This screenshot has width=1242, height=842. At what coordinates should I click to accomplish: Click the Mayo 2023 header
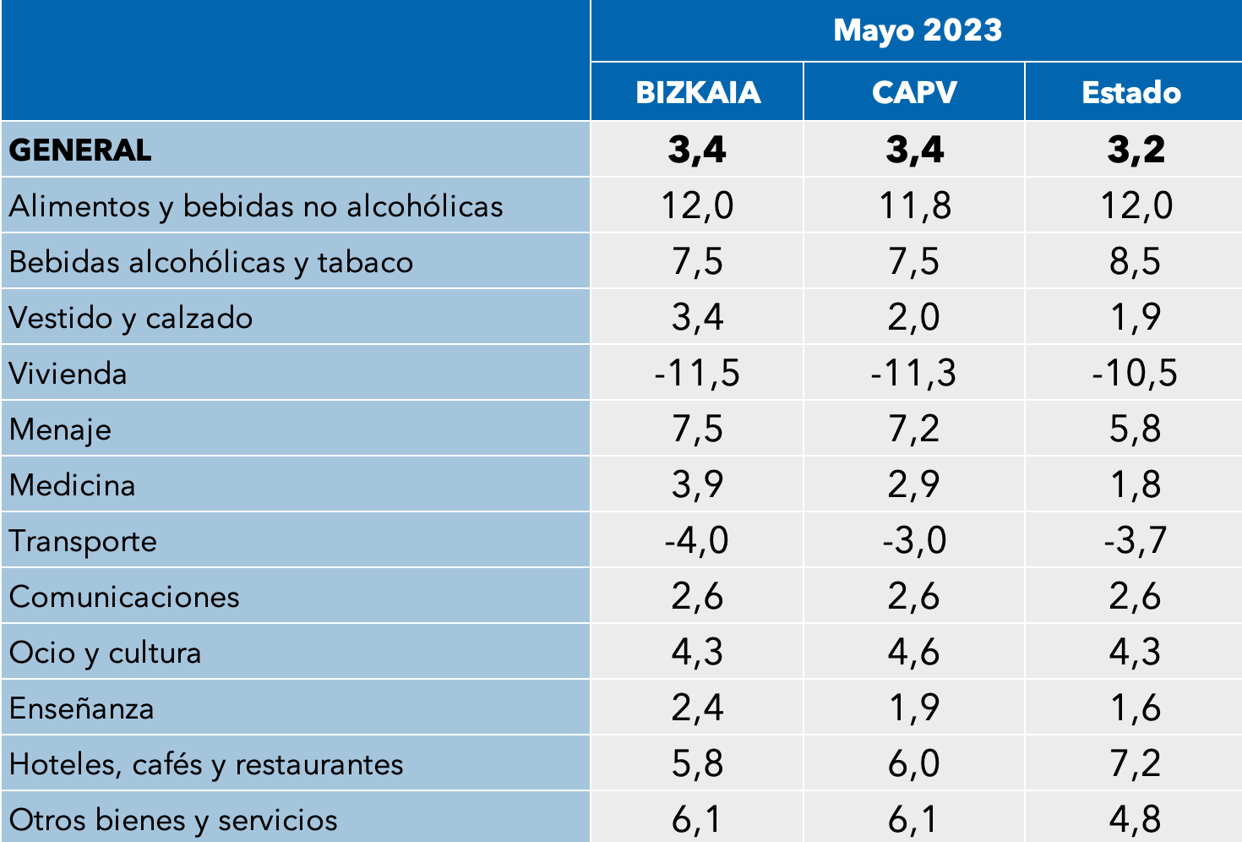(917, 30)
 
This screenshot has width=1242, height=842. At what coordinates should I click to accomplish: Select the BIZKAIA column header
(698, 92)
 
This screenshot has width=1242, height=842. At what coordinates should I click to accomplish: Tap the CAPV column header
(914, 92)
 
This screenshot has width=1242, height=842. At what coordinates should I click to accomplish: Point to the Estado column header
(1131, 92)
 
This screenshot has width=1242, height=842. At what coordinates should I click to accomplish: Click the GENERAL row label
(80, 150)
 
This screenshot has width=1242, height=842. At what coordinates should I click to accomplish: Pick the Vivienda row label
(68, 374)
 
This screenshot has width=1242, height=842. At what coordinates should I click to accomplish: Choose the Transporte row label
(83, 541)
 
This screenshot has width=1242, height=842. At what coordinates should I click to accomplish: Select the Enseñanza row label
(81, 708)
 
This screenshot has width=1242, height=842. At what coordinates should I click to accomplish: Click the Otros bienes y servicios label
(173, 820)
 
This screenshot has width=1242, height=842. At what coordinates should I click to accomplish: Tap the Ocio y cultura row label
(105, 653)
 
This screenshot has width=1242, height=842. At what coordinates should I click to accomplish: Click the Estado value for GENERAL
(1136, 150)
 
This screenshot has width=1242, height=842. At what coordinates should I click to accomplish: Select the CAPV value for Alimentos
(914, 206)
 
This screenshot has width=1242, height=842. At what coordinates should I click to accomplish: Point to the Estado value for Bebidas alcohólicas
(1135, 262)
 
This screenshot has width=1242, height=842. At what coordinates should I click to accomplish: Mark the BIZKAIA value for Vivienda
(697, 374)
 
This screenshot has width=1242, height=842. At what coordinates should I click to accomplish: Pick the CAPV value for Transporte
(914, 541)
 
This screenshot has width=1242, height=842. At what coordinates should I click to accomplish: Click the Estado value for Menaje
(1135, 429)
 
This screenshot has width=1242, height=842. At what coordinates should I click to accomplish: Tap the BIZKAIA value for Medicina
(697, 485)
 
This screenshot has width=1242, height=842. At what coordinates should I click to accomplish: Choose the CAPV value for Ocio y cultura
(914, 653)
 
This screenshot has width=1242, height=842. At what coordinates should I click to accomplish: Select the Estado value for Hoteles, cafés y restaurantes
(1135, 764)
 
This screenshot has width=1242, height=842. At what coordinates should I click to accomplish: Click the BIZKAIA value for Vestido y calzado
(697, 318)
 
